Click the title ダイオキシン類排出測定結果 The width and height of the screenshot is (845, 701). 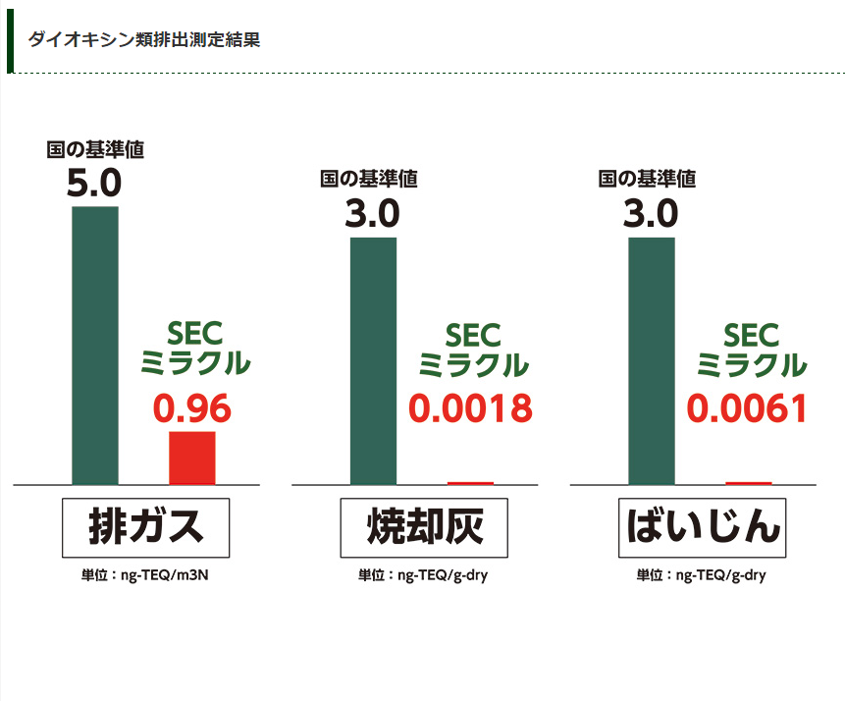144,40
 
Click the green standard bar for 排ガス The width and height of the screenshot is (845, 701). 95,345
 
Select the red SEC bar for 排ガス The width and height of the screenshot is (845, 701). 192,458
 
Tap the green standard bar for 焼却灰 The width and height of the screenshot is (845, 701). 373,360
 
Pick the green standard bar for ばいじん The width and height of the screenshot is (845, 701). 652,360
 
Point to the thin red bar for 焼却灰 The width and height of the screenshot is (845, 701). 470,483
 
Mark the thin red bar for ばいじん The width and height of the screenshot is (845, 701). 749,483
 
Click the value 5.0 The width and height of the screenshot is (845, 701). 94,184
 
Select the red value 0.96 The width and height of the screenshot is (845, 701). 192,408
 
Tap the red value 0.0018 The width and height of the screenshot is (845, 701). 470,408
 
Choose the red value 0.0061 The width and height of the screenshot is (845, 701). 748,408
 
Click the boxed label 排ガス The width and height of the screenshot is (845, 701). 145,528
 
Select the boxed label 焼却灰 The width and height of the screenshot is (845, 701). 424,528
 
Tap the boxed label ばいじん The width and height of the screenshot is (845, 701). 703,528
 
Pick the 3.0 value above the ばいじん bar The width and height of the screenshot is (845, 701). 651,213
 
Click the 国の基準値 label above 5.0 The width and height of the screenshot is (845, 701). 95,149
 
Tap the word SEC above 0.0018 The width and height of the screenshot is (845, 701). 473,336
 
